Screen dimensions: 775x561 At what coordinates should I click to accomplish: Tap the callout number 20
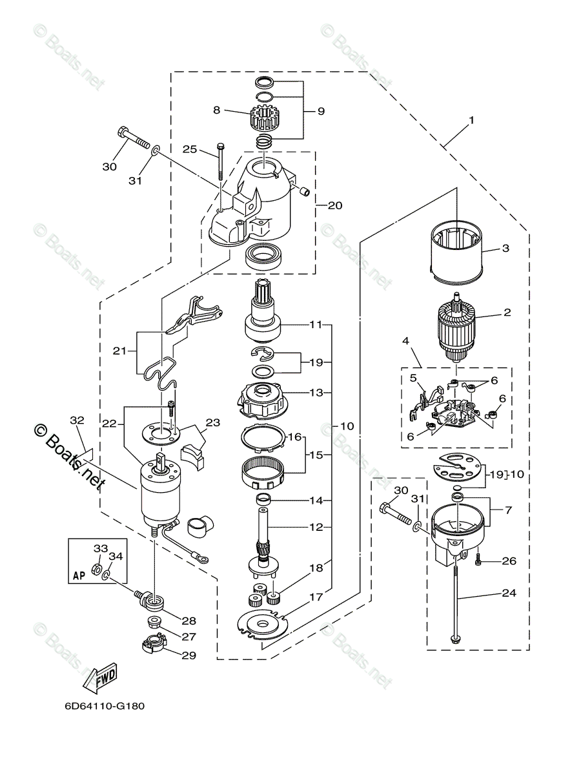click(x=335, y=205)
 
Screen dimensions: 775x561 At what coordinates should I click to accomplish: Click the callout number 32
click(x=77, y=420)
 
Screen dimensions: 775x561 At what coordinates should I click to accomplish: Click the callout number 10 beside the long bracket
click(x=347, y=426)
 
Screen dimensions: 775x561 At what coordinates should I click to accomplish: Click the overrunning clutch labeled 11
click(x=263, y=323)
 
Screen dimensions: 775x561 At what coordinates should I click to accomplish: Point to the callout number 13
click(x=316, y=392)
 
